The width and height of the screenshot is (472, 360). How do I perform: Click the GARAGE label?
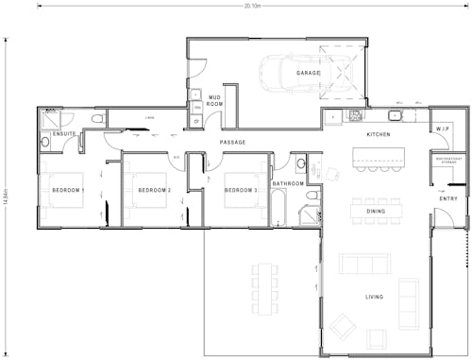pyautogui.click(x=309, y=73)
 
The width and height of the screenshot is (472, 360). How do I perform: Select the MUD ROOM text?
pyautogui.click(x=214, y=100)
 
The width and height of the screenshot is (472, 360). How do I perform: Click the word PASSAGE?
pyautogui.click(x=232, y=143)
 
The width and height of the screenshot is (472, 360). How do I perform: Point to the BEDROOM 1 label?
pyautogui.click(x=67, y=191)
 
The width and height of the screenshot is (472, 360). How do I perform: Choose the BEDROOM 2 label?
pyautogui.click(x=154, y=191)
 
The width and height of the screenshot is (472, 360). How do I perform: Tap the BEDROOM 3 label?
pyautogui.click(x=240, y=191)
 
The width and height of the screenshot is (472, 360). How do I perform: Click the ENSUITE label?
pyautogui.click(x=65, y=135)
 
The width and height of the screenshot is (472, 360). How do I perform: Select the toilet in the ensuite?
pyautogui.click(x=99, y=119)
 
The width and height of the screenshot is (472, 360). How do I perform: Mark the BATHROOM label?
pyautogui.click(x=288, y=183)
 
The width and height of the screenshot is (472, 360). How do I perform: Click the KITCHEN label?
pyautogui.click(x=379, y=135)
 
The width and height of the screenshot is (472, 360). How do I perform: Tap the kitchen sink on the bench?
pyautogui.click(x=396, y=116)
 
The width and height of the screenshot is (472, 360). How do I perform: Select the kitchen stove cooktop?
pyautogui.click(x=356, y=116)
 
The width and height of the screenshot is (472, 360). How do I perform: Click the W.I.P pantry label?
pyautogui.click(x=444, y=129)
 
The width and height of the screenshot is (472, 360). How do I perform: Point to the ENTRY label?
pyautogui.click(x=448, y=198)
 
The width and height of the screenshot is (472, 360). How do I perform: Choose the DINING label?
pyautogui.click(x=376, y=212)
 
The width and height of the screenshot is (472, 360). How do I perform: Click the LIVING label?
pyautogui.click(x=375, y=298)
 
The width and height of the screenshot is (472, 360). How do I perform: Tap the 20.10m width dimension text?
pyautogui.click(x=251, y=5)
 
